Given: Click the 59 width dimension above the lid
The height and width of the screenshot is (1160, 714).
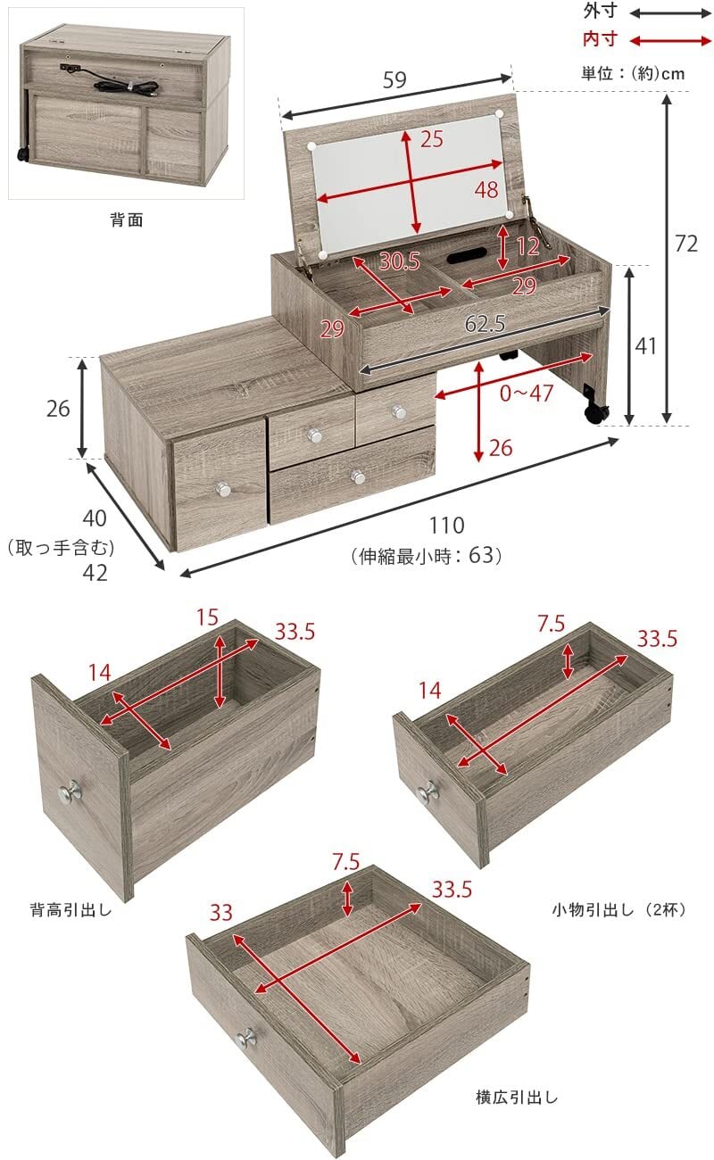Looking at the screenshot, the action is (394, 79).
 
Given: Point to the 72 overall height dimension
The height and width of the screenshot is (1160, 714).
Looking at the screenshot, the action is (685, 243).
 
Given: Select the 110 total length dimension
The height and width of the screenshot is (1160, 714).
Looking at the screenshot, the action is (445, 526).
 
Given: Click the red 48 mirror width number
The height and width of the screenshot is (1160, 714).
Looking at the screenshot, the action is (486, 190).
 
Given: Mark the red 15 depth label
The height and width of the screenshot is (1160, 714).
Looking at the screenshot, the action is (208, 617).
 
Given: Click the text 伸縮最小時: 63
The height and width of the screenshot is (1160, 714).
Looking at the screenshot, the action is (428, 556).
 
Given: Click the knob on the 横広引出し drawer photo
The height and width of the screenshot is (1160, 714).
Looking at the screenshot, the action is (245, 1037).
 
